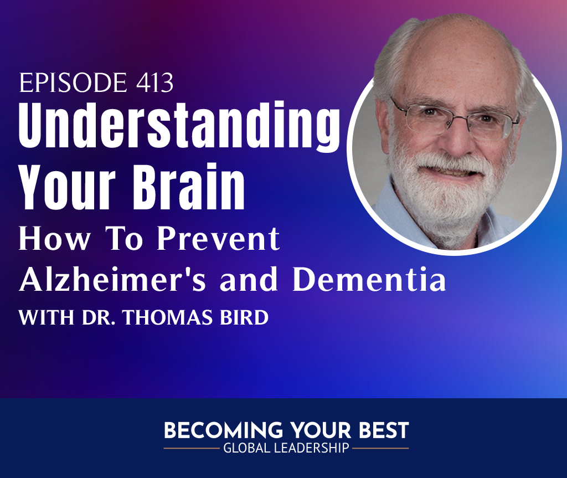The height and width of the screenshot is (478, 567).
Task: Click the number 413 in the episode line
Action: (x=155, y=83)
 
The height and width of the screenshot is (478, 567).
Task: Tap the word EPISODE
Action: (x=73, y=83)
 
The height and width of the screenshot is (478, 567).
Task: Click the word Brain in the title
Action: (x=189, y=187)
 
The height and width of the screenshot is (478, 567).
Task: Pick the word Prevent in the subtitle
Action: (x=218, y=239)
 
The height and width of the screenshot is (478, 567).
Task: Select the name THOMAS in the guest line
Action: (x=168, y=317)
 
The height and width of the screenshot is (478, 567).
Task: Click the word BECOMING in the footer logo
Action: (x=224, y=430)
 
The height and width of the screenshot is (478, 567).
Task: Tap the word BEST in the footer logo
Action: (x=384, y=430)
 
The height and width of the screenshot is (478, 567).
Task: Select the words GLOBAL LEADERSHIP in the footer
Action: (x=286, y=448)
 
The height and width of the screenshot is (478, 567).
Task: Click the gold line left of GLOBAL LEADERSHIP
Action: (x=192, y=448)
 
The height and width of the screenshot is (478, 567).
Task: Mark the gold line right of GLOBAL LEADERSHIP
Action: (x=380, y=448)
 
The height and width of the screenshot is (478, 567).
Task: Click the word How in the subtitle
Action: (x=54, y=239)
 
